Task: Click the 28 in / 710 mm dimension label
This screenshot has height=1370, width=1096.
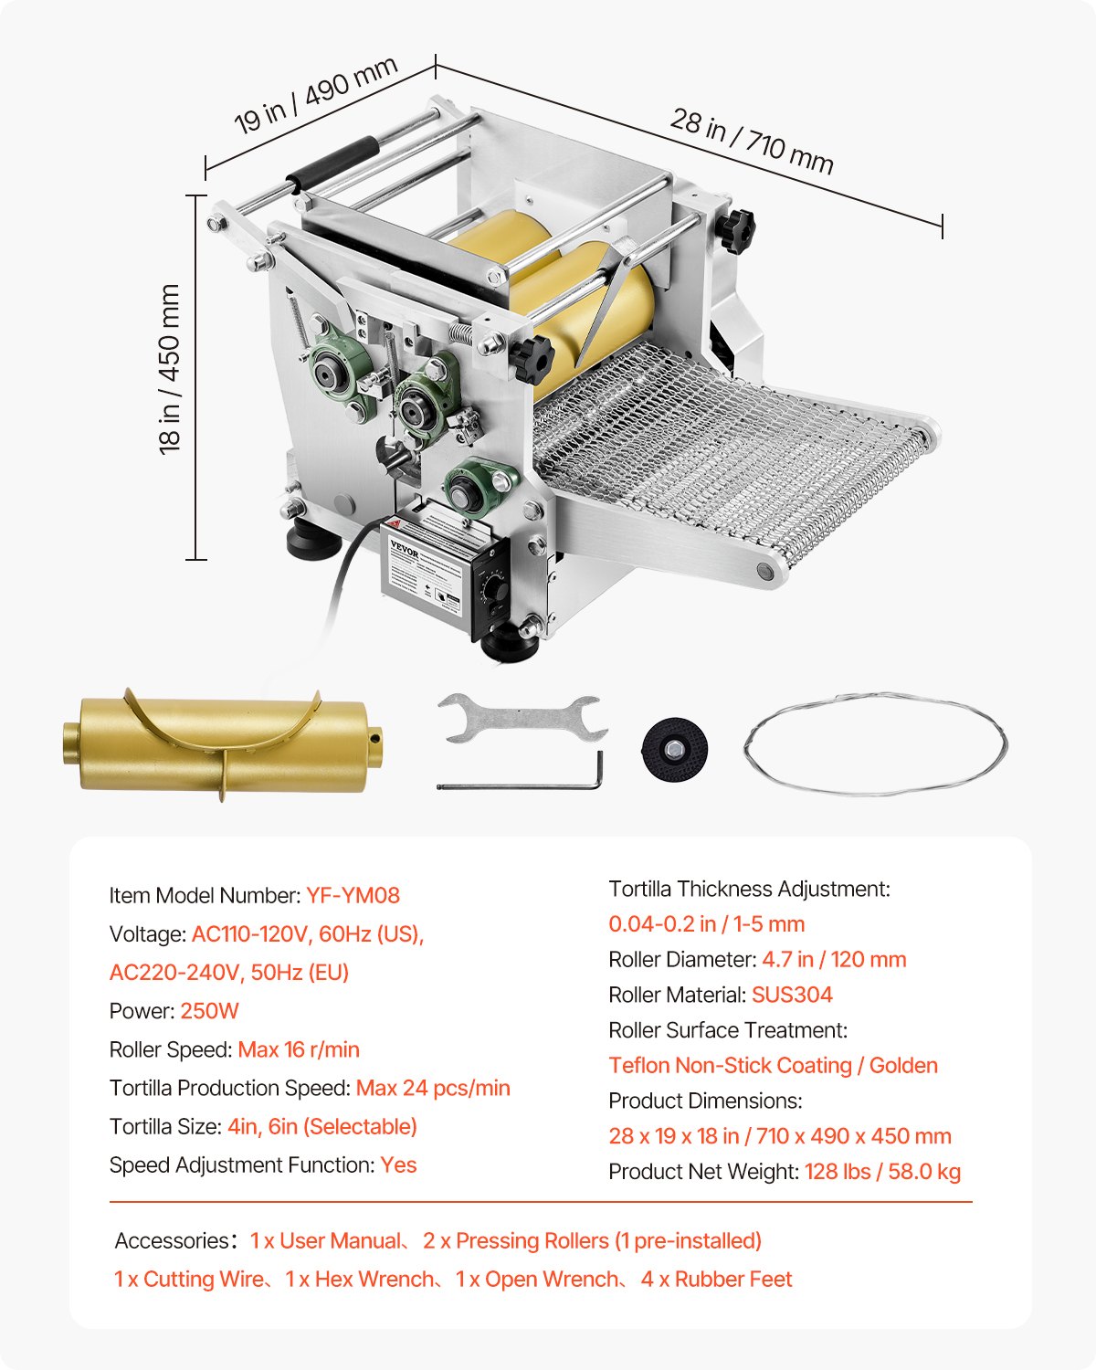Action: click(x=752, y=142)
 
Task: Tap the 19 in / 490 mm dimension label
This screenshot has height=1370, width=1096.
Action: click(x=315, y=95)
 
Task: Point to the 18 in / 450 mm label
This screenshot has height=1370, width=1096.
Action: click(x=170, y=369)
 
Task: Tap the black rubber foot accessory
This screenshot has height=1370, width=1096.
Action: click(x=675, y=749)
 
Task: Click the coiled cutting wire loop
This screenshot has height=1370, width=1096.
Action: click(x=875, y=743)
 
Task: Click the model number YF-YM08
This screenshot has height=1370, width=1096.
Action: click(x=353, y=895)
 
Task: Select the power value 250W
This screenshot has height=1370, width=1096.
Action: click(x=209, y=1011)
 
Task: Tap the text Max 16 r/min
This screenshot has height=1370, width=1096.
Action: click(x=299, y=1049)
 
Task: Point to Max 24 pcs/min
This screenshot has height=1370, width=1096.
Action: click(x=433, y=1088)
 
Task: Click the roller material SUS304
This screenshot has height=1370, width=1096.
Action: click(x=792, y=995)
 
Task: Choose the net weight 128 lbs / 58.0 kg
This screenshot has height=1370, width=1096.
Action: click(x=882, y=1172)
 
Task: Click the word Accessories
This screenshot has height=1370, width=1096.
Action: click(x=171, y=1241)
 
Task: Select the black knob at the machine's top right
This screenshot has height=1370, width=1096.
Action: click(x=736, y=228)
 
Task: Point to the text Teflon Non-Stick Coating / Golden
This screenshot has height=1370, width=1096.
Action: click(x=773, y=1066)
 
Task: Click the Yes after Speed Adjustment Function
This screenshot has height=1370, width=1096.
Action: click(x=398, y=1165)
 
